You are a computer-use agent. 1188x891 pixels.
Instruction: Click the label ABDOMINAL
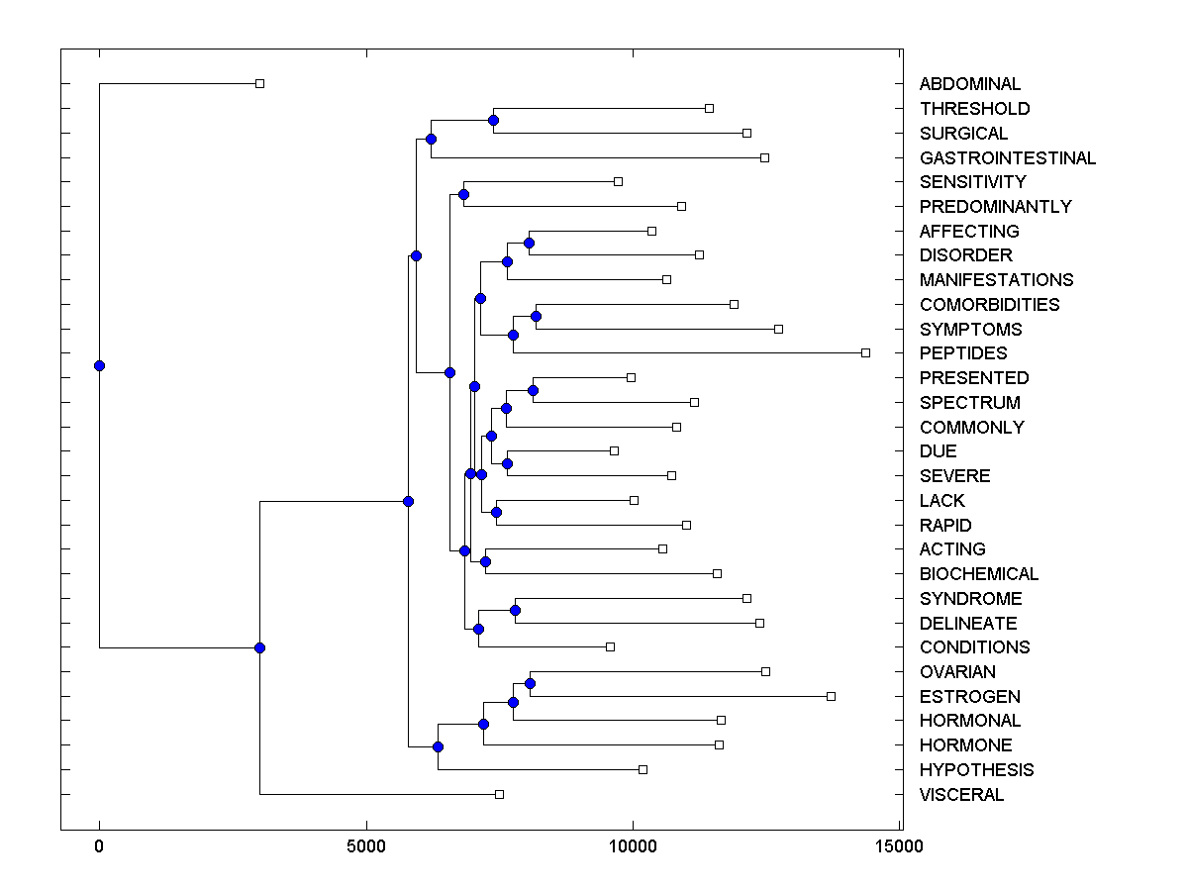click(x=969, y=84)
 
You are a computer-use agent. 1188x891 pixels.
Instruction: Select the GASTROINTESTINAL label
click(x=1007, y=157)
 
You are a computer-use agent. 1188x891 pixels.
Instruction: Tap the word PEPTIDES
click(x=962, y=353)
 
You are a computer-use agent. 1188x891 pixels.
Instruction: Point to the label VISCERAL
click(x=961, y=795)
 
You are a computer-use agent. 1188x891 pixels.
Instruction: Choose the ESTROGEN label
click(x=969, y=697)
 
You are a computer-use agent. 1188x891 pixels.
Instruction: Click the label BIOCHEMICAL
click(x=978, y=574)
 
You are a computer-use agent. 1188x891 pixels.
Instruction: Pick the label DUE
click(x=938, y=451)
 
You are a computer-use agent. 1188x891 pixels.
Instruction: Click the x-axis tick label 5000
click(x=366, y=846)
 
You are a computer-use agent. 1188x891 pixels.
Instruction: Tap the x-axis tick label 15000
click(x=901, y=846)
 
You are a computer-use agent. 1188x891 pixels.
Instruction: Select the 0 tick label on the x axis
click(x=99, y=846)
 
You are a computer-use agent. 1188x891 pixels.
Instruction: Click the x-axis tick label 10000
click(x=634, y=846)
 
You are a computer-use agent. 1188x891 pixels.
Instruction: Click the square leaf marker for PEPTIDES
click(x=865, y=352)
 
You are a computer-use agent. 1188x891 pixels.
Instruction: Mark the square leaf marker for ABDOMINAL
click(x=259, y=83)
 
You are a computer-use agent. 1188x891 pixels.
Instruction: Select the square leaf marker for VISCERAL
click(x=499, y=794)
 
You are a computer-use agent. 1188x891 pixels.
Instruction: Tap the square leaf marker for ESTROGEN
click(x=831, y=696)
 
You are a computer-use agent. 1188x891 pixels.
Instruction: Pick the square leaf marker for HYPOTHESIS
click(x=643, y=769)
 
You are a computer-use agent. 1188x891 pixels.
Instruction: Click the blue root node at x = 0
click(x=99, y=365)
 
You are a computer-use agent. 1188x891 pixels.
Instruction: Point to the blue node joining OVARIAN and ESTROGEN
click(x=530, y=683)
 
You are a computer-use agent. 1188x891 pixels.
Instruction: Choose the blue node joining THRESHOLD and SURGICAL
click(x=493, y=120)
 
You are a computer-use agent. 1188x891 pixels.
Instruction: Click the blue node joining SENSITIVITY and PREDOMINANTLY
click(x=463, y=194)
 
